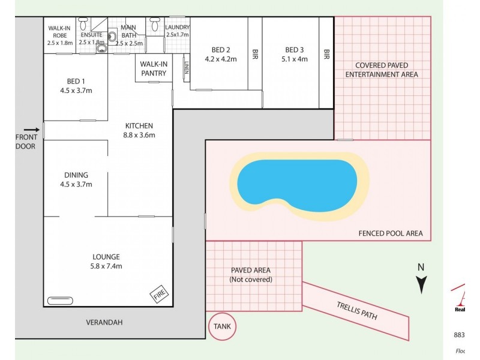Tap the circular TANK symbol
point(223,327)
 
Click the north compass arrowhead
point(422,286)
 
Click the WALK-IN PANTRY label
point(154,68)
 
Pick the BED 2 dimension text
point(220,59)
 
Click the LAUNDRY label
point(178,28)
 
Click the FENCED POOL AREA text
point(390,233)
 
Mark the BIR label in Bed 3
point(326,55)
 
